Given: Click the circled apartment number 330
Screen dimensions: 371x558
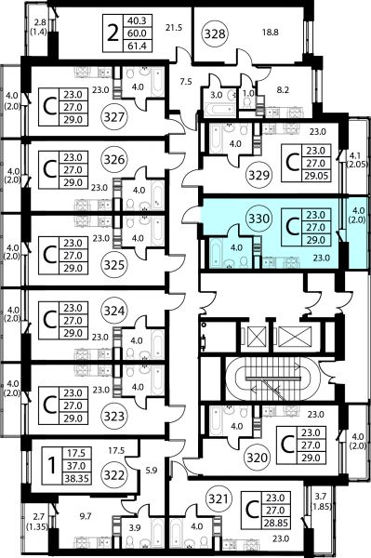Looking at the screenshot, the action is click(258, 219).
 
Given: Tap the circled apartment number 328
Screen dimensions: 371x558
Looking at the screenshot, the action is click(215, 33).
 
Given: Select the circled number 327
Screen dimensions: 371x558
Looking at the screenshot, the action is click(114, 117).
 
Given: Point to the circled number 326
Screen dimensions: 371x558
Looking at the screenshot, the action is click(114, 159).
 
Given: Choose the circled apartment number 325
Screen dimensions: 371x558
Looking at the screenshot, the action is click(114, 265).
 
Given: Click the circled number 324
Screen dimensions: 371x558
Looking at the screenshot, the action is click(114, 311).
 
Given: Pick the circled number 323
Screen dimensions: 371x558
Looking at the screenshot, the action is click(114, 416).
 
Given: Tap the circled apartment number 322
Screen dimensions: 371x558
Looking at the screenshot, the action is click(114, 474).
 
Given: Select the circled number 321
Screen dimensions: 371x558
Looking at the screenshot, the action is click(219, 498).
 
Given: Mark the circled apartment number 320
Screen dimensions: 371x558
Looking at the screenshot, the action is click(258, 457).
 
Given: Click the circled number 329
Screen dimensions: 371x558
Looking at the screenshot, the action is click(258, 175).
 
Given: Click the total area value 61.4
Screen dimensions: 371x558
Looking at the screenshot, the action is click(137, 46).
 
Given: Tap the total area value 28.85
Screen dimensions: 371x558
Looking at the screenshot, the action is click(275, 523).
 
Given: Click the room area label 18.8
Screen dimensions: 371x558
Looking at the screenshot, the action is click(271, 33).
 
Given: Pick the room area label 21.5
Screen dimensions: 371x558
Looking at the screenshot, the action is click(174, 27).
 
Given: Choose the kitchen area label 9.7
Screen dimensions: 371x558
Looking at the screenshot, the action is click(86, 515).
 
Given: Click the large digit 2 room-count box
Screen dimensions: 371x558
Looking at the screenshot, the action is click(113, 33).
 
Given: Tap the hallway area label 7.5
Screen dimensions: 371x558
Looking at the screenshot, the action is click(186, 82).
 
